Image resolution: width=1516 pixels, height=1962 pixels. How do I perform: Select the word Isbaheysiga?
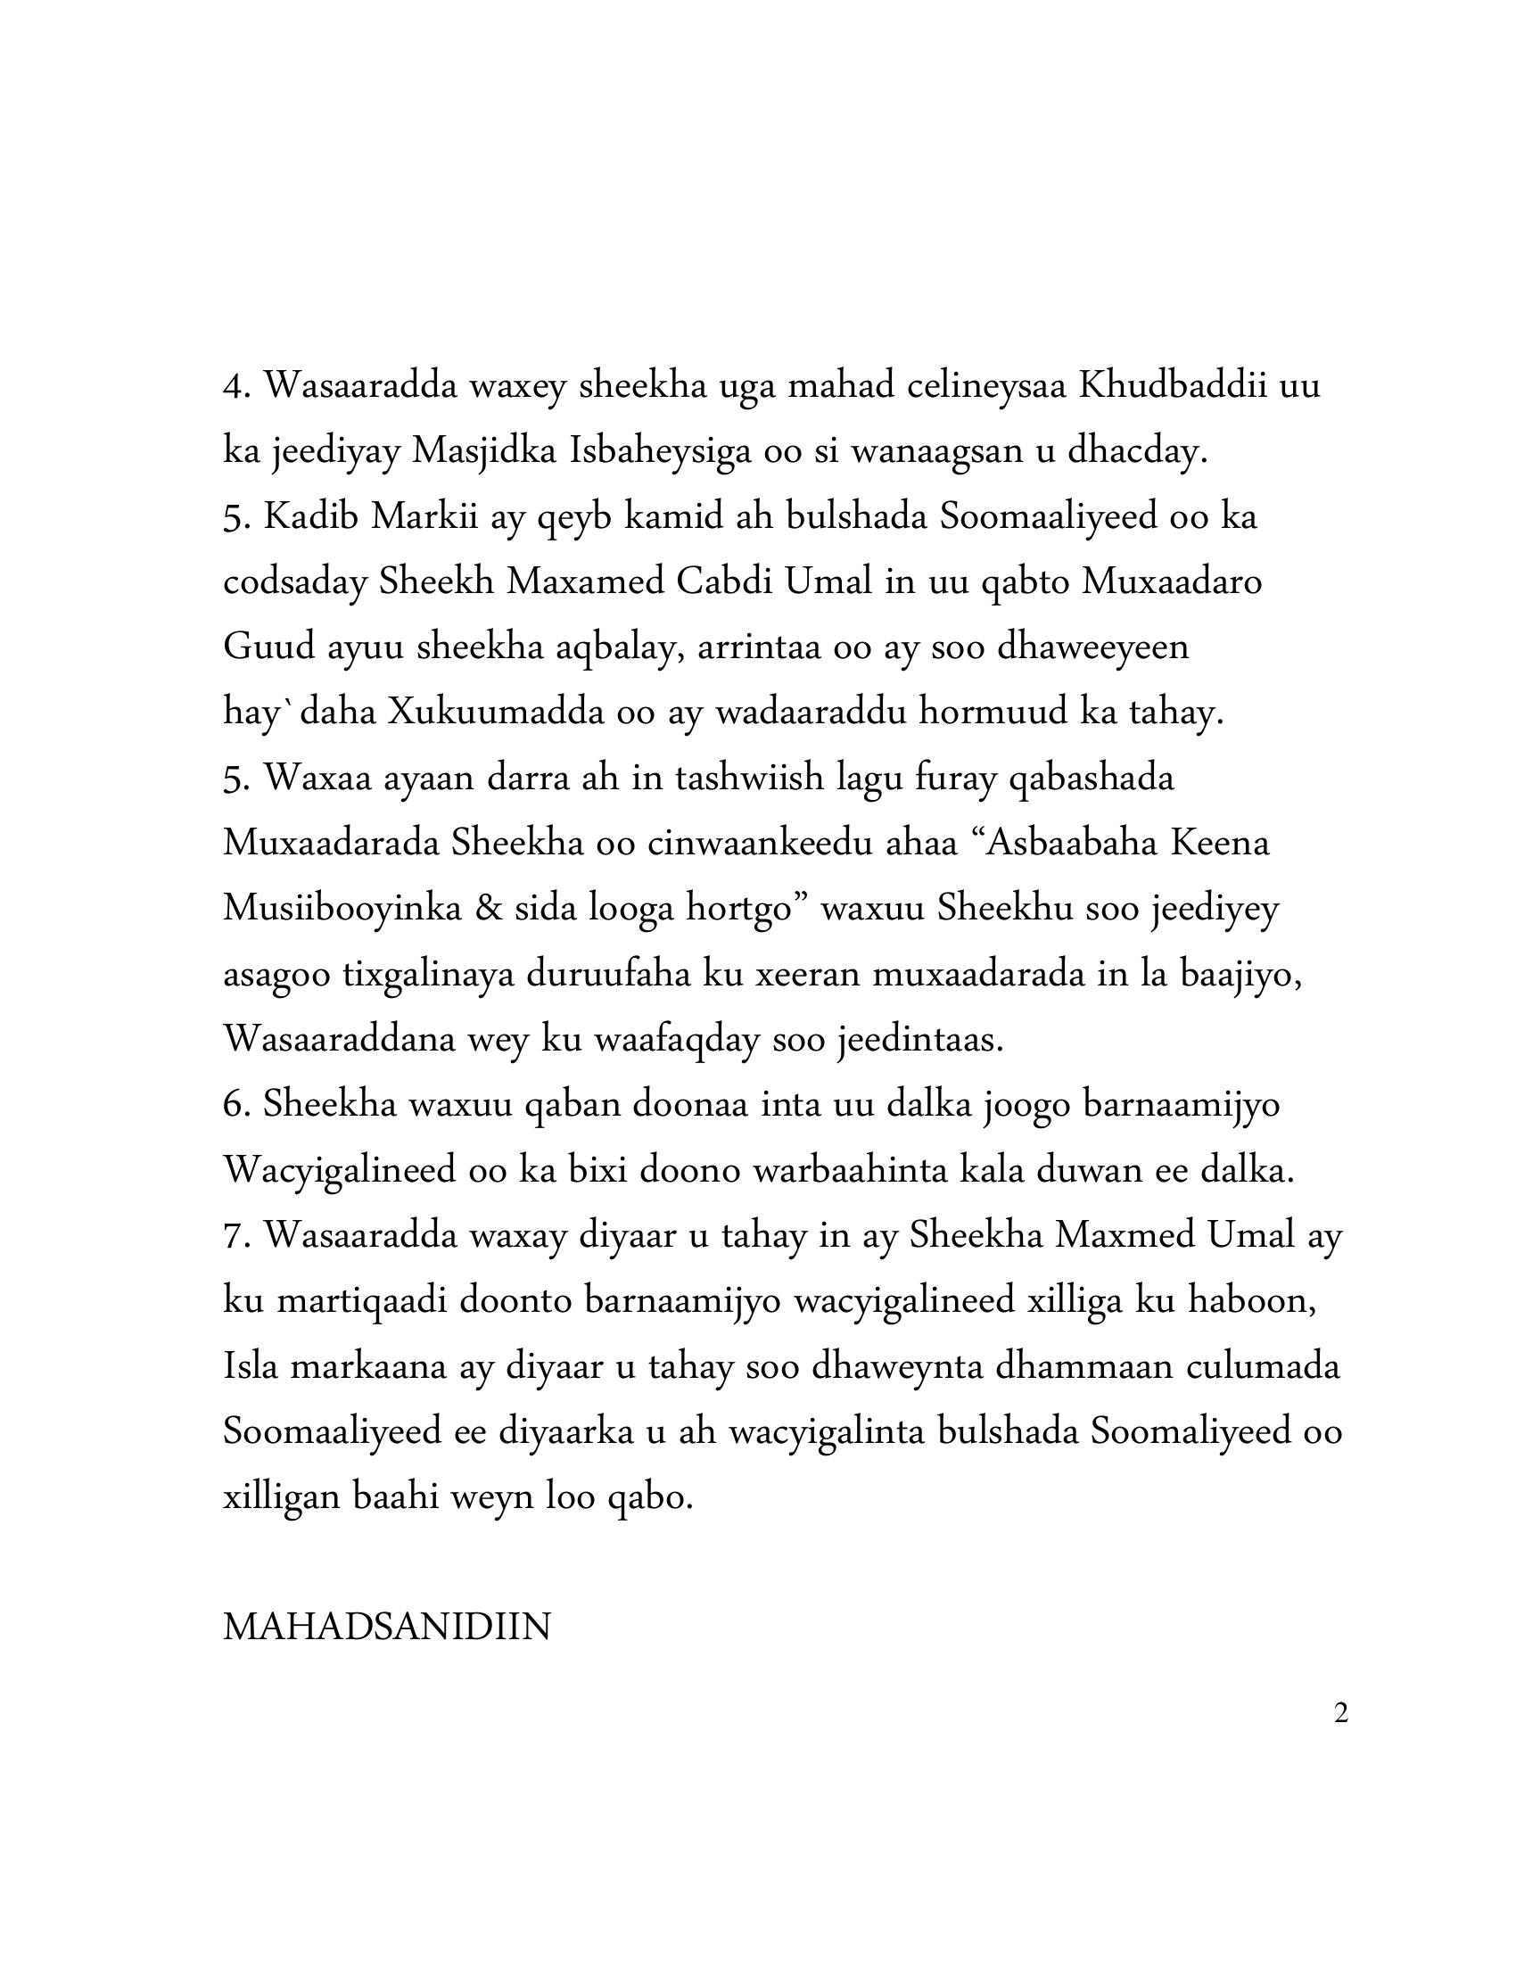coord(659,451)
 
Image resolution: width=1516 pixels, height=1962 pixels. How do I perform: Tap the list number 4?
coord(236,386)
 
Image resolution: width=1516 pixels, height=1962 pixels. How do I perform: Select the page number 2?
coord(1341,1714)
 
